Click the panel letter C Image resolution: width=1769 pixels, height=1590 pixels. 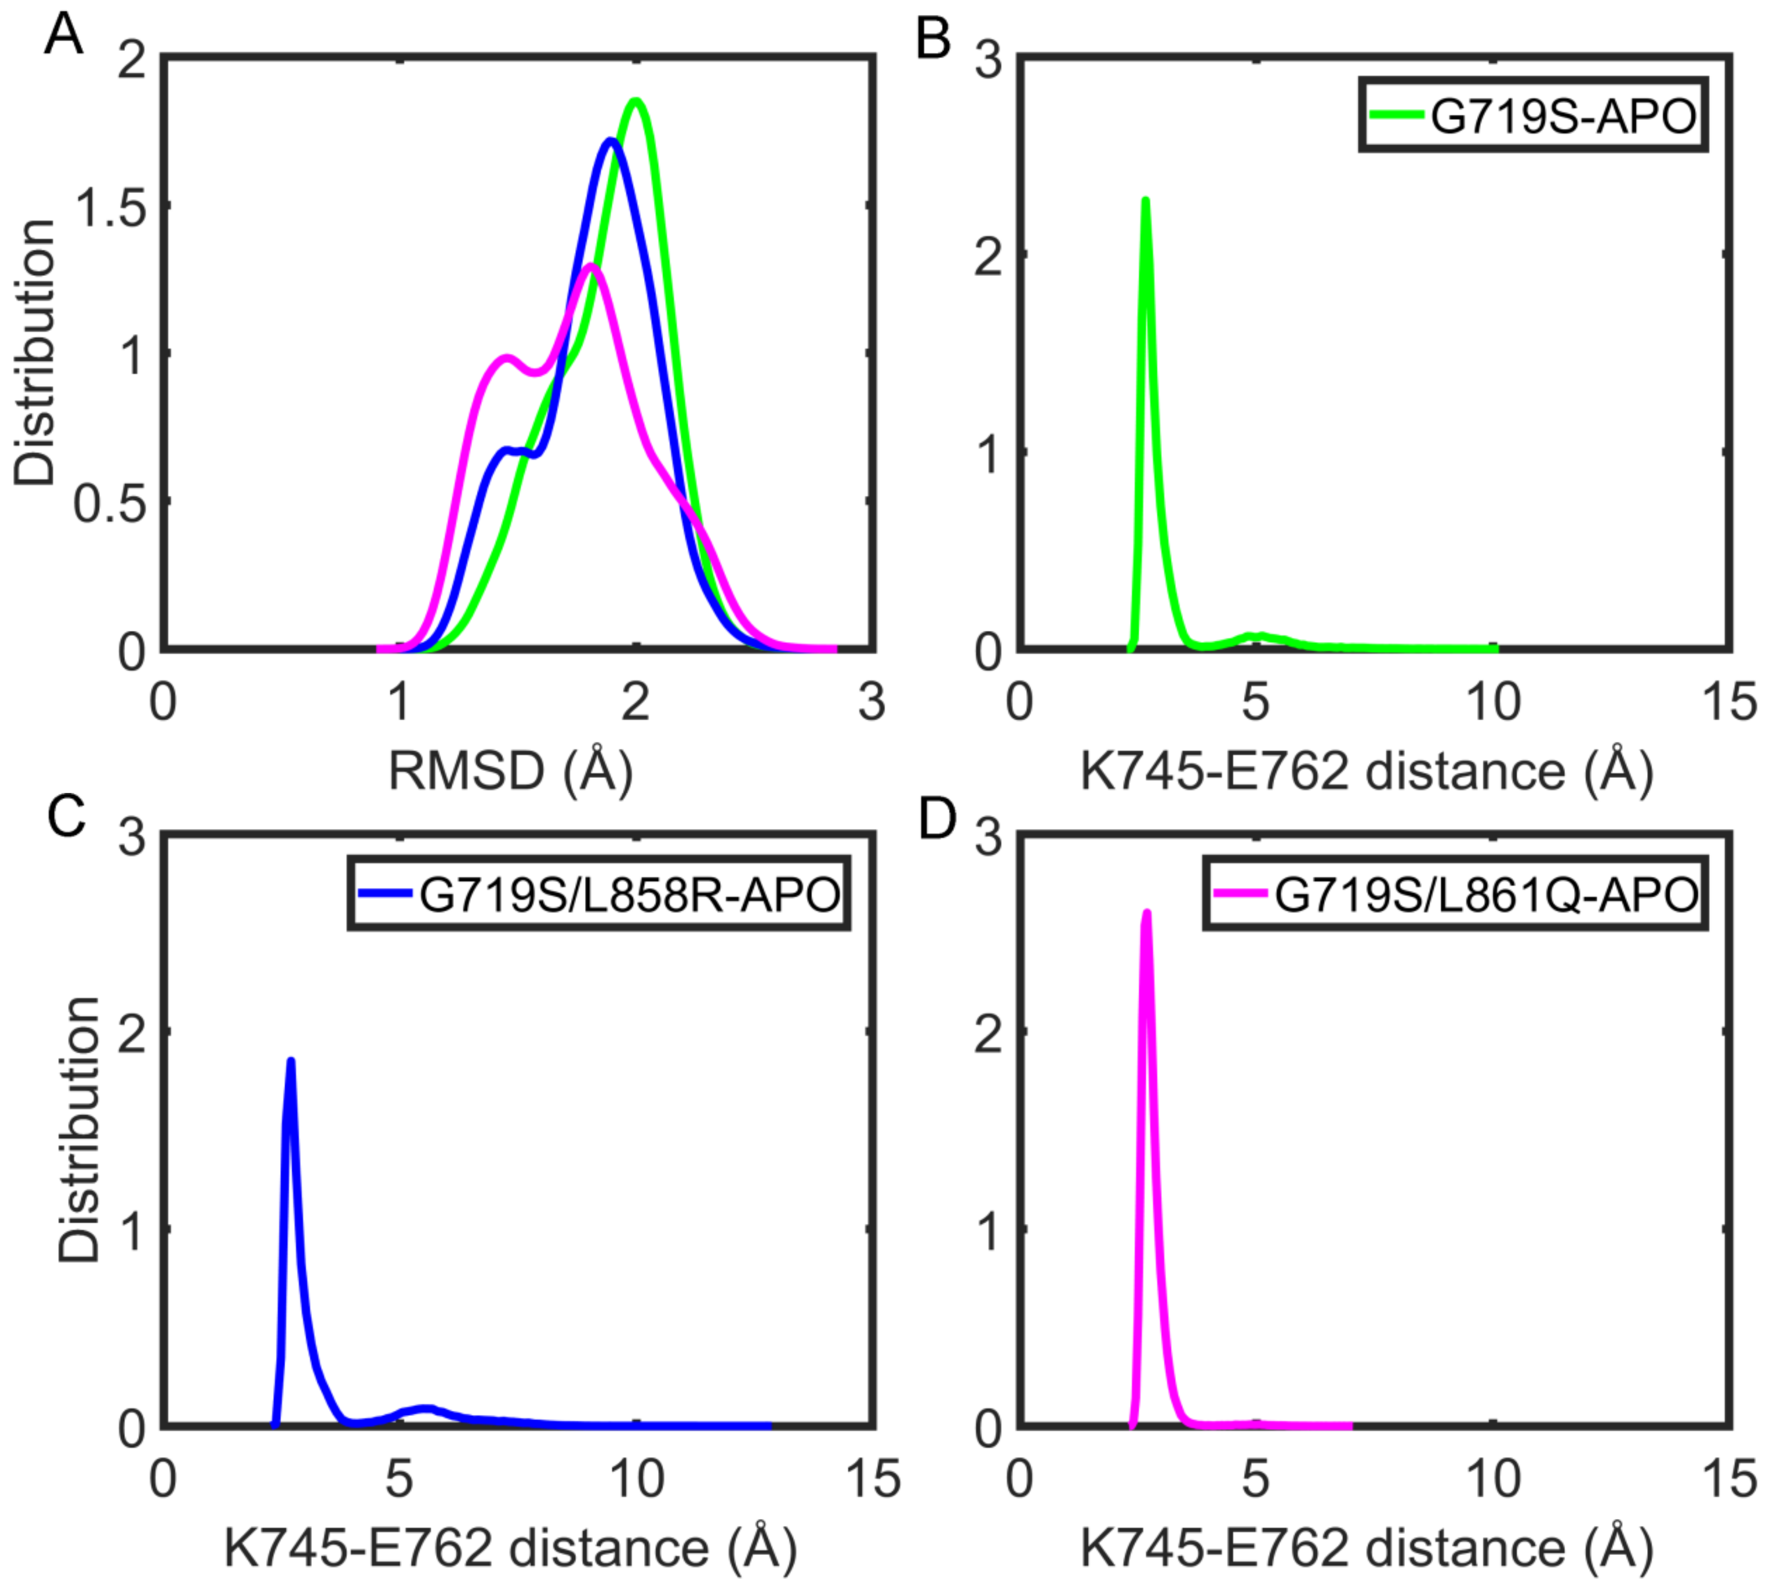[x=65, y=817]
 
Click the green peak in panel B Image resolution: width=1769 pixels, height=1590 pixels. [x=1145, y=201]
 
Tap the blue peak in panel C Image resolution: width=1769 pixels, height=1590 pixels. [x=291, y=1061]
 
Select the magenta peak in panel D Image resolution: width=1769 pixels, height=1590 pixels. [x=1147, y=913]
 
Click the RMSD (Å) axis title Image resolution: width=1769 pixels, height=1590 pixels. [x=511, y=770]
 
